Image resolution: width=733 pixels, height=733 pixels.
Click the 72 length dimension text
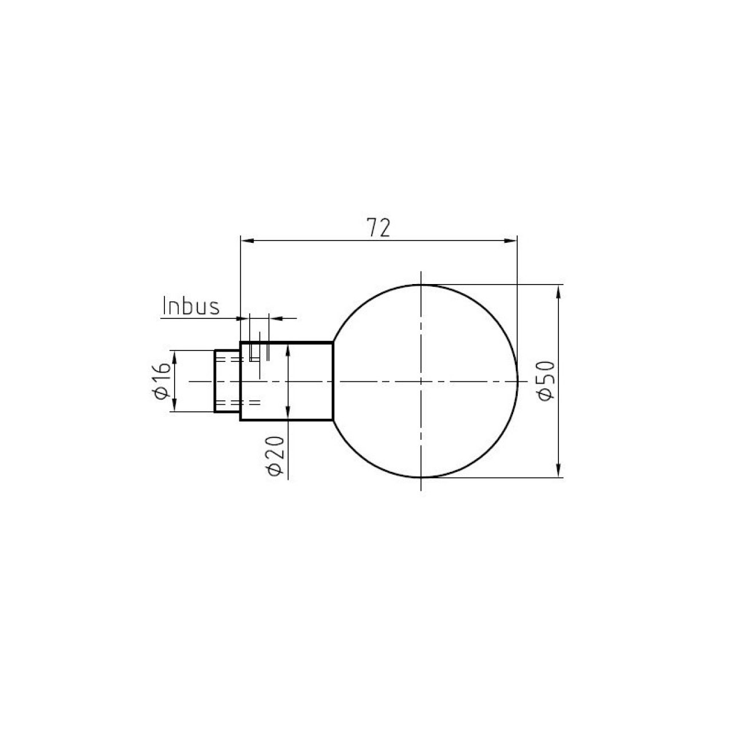[379, 227]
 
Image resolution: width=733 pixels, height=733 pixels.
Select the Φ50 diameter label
[547, 381]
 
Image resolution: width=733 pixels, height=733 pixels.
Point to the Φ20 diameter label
[276, 456]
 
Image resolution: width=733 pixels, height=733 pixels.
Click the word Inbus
[191, 306]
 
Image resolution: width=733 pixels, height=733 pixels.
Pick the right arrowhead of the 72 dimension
[510, 241]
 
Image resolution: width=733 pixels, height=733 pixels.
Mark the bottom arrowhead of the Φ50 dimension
[558, 470]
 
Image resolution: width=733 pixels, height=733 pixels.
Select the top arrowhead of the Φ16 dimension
[175, 357]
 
